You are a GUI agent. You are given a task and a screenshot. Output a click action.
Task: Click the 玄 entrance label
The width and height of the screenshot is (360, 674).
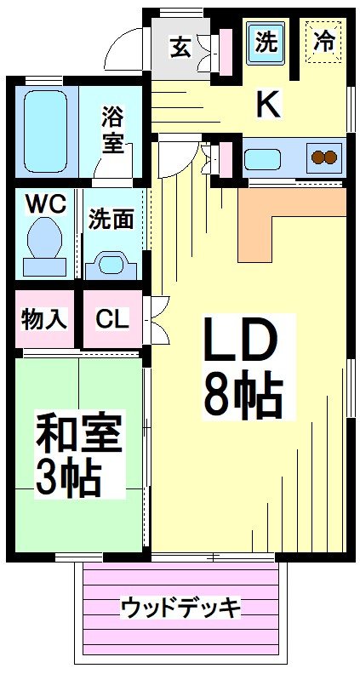(x=180, y=46)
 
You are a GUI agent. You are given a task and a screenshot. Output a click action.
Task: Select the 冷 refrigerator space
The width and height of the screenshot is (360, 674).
(x=324, y=42)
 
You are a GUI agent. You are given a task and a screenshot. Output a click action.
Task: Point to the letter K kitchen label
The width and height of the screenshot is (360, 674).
(x=268, y=104)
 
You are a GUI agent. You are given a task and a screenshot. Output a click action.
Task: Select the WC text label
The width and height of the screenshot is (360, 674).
(x=43, y=205)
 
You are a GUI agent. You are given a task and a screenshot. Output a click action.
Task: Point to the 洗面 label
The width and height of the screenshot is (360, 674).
(x=112, y=219)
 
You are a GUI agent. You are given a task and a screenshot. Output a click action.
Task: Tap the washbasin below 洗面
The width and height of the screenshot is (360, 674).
(x=111, y=263)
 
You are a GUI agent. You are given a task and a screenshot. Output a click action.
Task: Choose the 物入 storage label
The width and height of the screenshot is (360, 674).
(x=43, y=319)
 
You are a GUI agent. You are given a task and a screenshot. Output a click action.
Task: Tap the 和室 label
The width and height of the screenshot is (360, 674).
(x=77, y=435)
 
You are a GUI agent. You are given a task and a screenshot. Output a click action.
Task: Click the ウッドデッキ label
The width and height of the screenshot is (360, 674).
(x=180, y=608)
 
